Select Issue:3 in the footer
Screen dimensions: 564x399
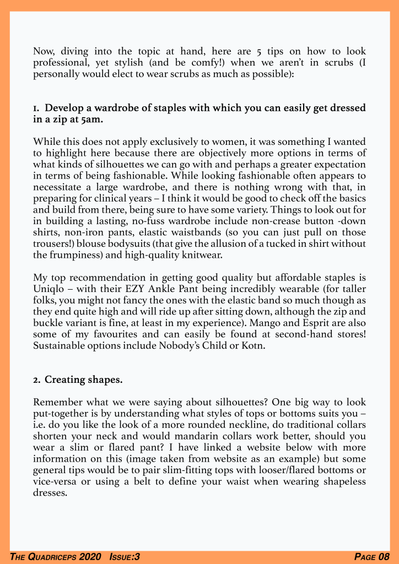point(124,557)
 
